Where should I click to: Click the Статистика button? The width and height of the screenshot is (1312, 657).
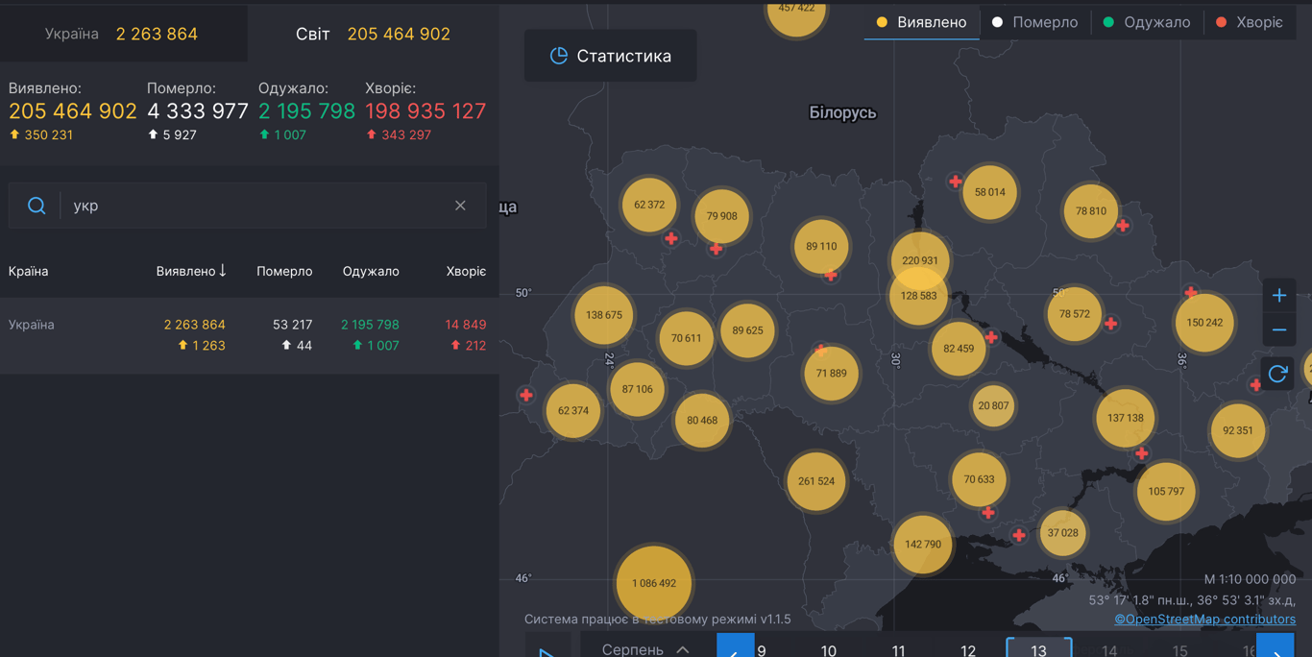click(x=610, y=56)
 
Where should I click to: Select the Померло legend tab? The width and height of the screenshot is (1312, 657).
click(x=1034, y=22)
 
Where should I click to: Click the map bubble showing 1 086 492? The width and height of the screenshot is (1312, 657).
click(x=653, y=583)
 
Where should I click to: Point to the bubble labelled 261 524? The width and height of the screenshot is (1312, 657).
click(x=816, y=480)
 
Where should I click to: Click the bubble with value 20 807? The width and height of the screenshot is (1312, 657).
click(x=993, y=405)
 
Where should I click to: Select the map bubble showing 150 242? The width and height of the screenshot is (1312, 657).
click(x=1204, y=323)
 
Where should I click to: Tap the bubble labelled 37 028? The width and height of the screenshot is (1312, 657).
click(x=1062, y=532)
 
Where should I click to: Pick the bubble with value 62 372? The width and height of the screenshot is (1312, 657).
click(x=649, y=205)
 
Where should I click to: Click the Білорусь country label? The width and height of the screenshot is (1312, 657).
click(x=842, y=112)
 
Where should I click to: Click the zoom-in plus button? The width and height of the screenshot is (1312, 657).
click(x=1278, y=295)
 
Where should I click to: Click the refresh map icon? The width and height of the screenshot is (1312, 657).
click(x=1277, y=374)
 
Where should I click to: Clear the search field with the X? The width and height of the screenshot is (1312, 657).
click(x=460, y=206)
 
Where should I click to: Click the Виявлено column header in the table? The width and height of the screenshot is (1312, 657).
click(x=191, y=271)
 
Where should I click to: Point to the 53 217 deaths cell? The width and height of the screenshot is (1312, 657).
click(x=292, y=325)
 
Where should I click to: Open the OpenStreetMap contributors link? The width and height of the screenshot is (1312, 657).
click(x=1204, y=620)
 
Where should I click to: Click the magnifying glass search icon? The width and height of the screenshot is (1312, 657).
click(x=36, y=206)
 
